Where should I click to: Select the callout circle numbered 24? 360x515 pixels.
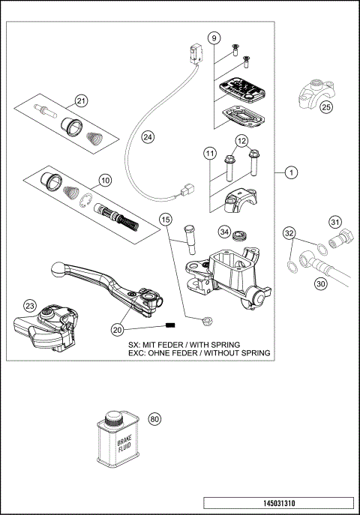point(148,137)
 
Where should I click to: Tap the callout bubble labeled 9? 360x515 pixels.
point(214,37)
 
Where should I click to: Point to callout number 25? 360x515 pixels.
point(325,107)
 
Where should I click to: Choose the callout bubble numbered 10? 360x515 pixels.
point(105,180)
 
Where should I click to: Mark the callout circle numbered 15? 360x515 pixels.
point(166,219)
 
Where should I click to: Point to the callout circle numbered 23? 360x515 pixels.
point(30,305)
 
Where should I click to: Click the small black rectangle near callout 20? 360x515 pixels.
point(169,325)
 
